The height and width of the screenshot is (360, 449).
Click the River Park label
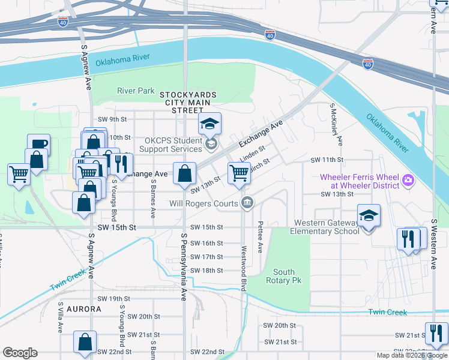136,91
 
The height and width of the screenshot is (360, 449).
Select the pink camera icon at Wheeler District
409,179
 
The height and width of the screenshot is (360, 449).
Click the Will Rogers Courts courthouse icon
246,203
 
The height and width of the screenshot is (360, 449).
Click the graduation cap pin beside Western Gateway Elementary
368,216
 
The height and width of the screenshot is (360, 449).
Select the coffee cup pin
38,145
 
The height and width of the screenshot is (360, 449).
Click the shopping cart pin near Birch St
239,173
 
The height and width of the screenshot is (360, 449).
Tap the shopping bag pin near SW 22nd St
85,342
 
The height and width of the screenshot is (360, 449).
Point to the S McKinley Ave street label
335,124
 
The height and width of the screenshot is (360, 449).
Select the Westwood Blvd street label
244,268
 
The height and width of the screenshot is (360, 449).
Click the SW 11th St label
327,160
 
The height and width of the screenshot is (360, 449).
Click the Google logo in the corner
20,353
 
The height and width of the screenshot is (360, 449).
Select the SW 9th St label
106,119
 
